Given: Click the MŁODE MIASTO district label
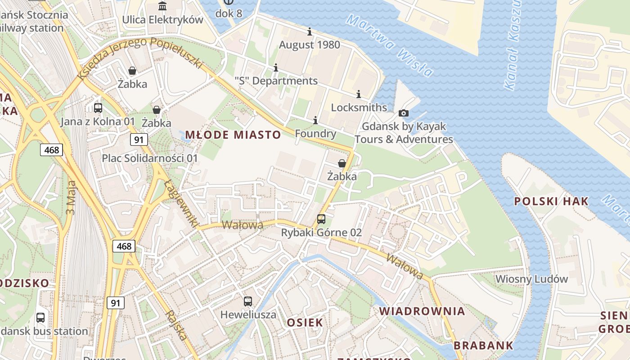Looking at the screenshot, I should [x=233, y=135].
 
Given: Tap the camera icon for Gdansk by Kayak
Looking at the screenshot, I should [x=404, y=113].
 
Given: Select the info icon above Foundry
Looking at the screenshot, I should [x=315, y=120].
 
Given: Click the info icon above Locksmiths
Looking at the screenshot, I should [x=359, y=94].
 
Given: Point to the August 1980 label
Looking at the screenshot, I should [x=310, y=45].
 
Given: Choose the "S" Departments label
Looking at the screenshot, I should [x=276, y=81].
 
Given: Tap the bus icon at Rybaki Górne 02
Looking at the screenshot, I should [x=321, y=219].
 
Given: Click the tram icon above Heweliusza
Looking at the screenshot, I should [x=248, y=301].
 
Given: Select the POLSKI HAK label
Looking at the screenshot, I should [x=551, y=201].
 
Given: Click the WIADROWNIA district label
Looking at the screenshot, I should [x=422, y=311].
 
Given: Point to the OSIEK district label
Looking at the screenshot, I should [x=305, y=322].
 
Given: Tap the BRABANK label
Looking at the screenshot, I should [x=483, y=346].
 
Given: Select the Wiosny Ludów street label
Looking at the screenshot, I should [x=531, y=279].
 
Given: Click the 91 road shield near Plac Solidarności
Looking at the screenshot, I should [x=139, y=139].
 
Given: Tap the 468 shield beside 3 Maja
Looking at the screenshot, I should [x=52, y=150].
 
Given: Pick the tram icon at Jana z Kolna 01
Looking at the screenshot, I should [x=98, y=108].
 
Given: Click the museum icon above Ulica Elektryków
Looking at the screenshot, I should [x=162, y=6].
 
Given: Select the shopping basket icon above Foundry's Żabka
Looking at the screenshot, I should [x=342, y=163].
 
